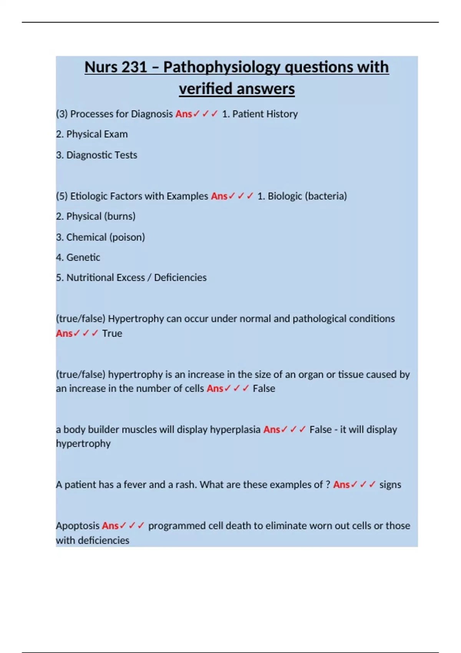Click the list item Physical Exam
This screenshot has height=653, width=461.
tap(97, 134)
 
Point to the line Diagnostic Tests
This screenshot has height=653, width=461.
tap(101, 155)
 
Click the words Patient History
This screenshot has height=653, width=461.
tap(265, 114)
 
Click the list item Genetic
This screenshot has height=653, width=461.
tap(83, 257)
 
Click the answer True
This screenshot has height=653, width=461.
tap(112, 333)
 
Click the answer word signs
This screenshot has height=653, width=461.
tap(390, 485)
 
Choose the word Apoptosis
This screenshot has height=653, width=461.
tap(78, 525)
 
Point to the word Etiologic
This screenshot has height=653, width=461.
tap(88, 196)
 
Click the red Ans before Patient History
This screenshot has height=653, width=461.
tap(184, 114)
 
